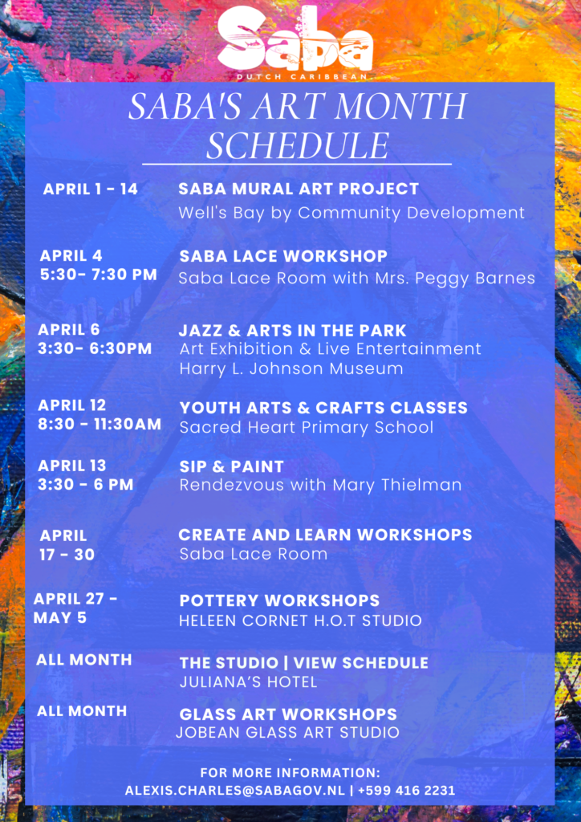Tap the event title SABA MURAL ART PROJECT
coord(299,189)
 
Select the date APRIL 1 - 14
coord(90,189)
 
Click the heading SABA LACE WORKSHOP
coord(283,256)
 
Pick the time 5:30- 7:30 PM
coord(98,275)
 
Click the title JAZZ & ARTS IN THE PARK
coord(293,330)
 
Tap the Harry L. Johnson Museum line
coord(290,368)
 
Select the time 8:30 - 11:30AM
coord(100,424)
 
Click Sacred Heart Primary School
coord(306,427)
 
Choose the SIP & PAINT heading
coord(231,466)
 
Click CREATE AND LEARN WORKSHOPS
coord(325,535)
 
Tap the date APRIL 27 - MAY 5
coord(75,608)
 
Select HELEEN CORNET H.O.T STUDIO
coord(300,621)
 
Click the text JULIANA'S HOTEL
coord(248,682)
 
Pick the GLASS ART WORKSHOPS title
coord(288,714)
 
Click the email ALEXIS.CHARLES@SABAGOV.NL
coord(234,790)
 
